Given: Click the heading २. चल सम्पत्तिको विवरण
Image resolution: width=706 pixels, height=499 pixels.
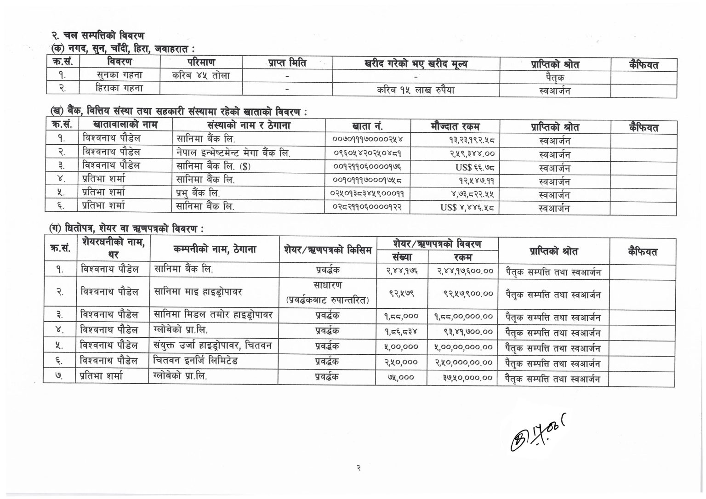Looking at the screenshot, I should (x=98, y=35).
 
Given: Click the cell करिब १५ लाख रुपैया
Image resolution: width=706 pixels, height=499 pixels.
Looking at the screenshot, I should (x=416, y=90).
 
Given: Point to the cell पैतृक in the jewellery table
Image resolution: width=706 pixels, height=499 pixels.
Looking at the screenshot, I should (x=554, y=77).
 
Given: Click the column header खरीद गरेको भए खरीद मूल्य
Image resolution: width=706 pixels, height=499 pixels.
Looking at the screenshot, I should (x=416, y=63).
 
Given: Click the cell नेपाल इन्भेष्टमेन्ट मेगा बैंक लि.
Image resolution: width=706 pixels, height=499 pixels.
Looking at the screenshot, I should (x=233, y=152).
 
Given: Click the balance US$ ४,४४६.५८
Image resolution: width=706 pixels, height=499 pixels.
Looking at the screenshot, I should (x=467, y=208).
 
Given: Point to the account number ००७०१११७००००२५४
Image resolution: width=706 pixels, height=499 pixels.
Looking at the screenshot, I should (x=364, y=139).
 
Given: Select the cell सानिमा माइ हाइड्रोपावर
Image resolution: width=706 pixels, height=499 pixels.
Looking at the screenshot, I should (x=198, y=291).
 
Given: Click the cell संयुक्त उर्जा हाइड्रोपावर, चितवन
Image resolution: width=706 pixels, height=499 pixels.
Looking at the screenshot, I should (x=212, y=346).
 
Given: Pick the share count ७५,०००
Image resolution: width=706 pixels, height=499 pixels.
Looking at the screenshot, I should (x=401, y=377).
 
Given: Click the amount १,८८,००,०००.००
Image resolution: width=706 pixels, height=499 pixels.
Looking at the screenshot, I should (x=463, y=316).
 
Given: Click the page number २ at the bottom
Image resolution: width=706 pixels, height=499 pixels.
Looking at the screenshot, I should (x=358, y=468).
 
